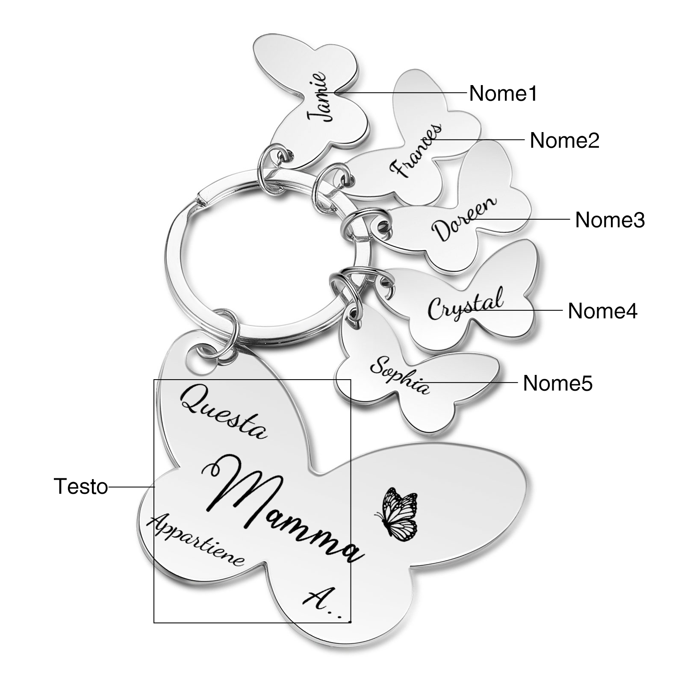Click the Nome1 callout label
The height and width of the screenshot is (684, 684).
(503, 93)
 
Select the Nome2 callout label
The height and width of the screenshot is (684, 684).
(564, 140)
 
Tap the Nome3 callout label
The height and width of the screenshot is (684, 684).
(610, 220)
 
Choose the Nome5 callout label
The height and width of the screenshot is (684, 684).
(557, 383)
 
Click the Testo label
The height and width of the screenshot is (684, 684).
(81, 486)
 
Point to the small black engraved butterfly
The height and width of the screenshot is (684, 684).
(396, 513)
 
